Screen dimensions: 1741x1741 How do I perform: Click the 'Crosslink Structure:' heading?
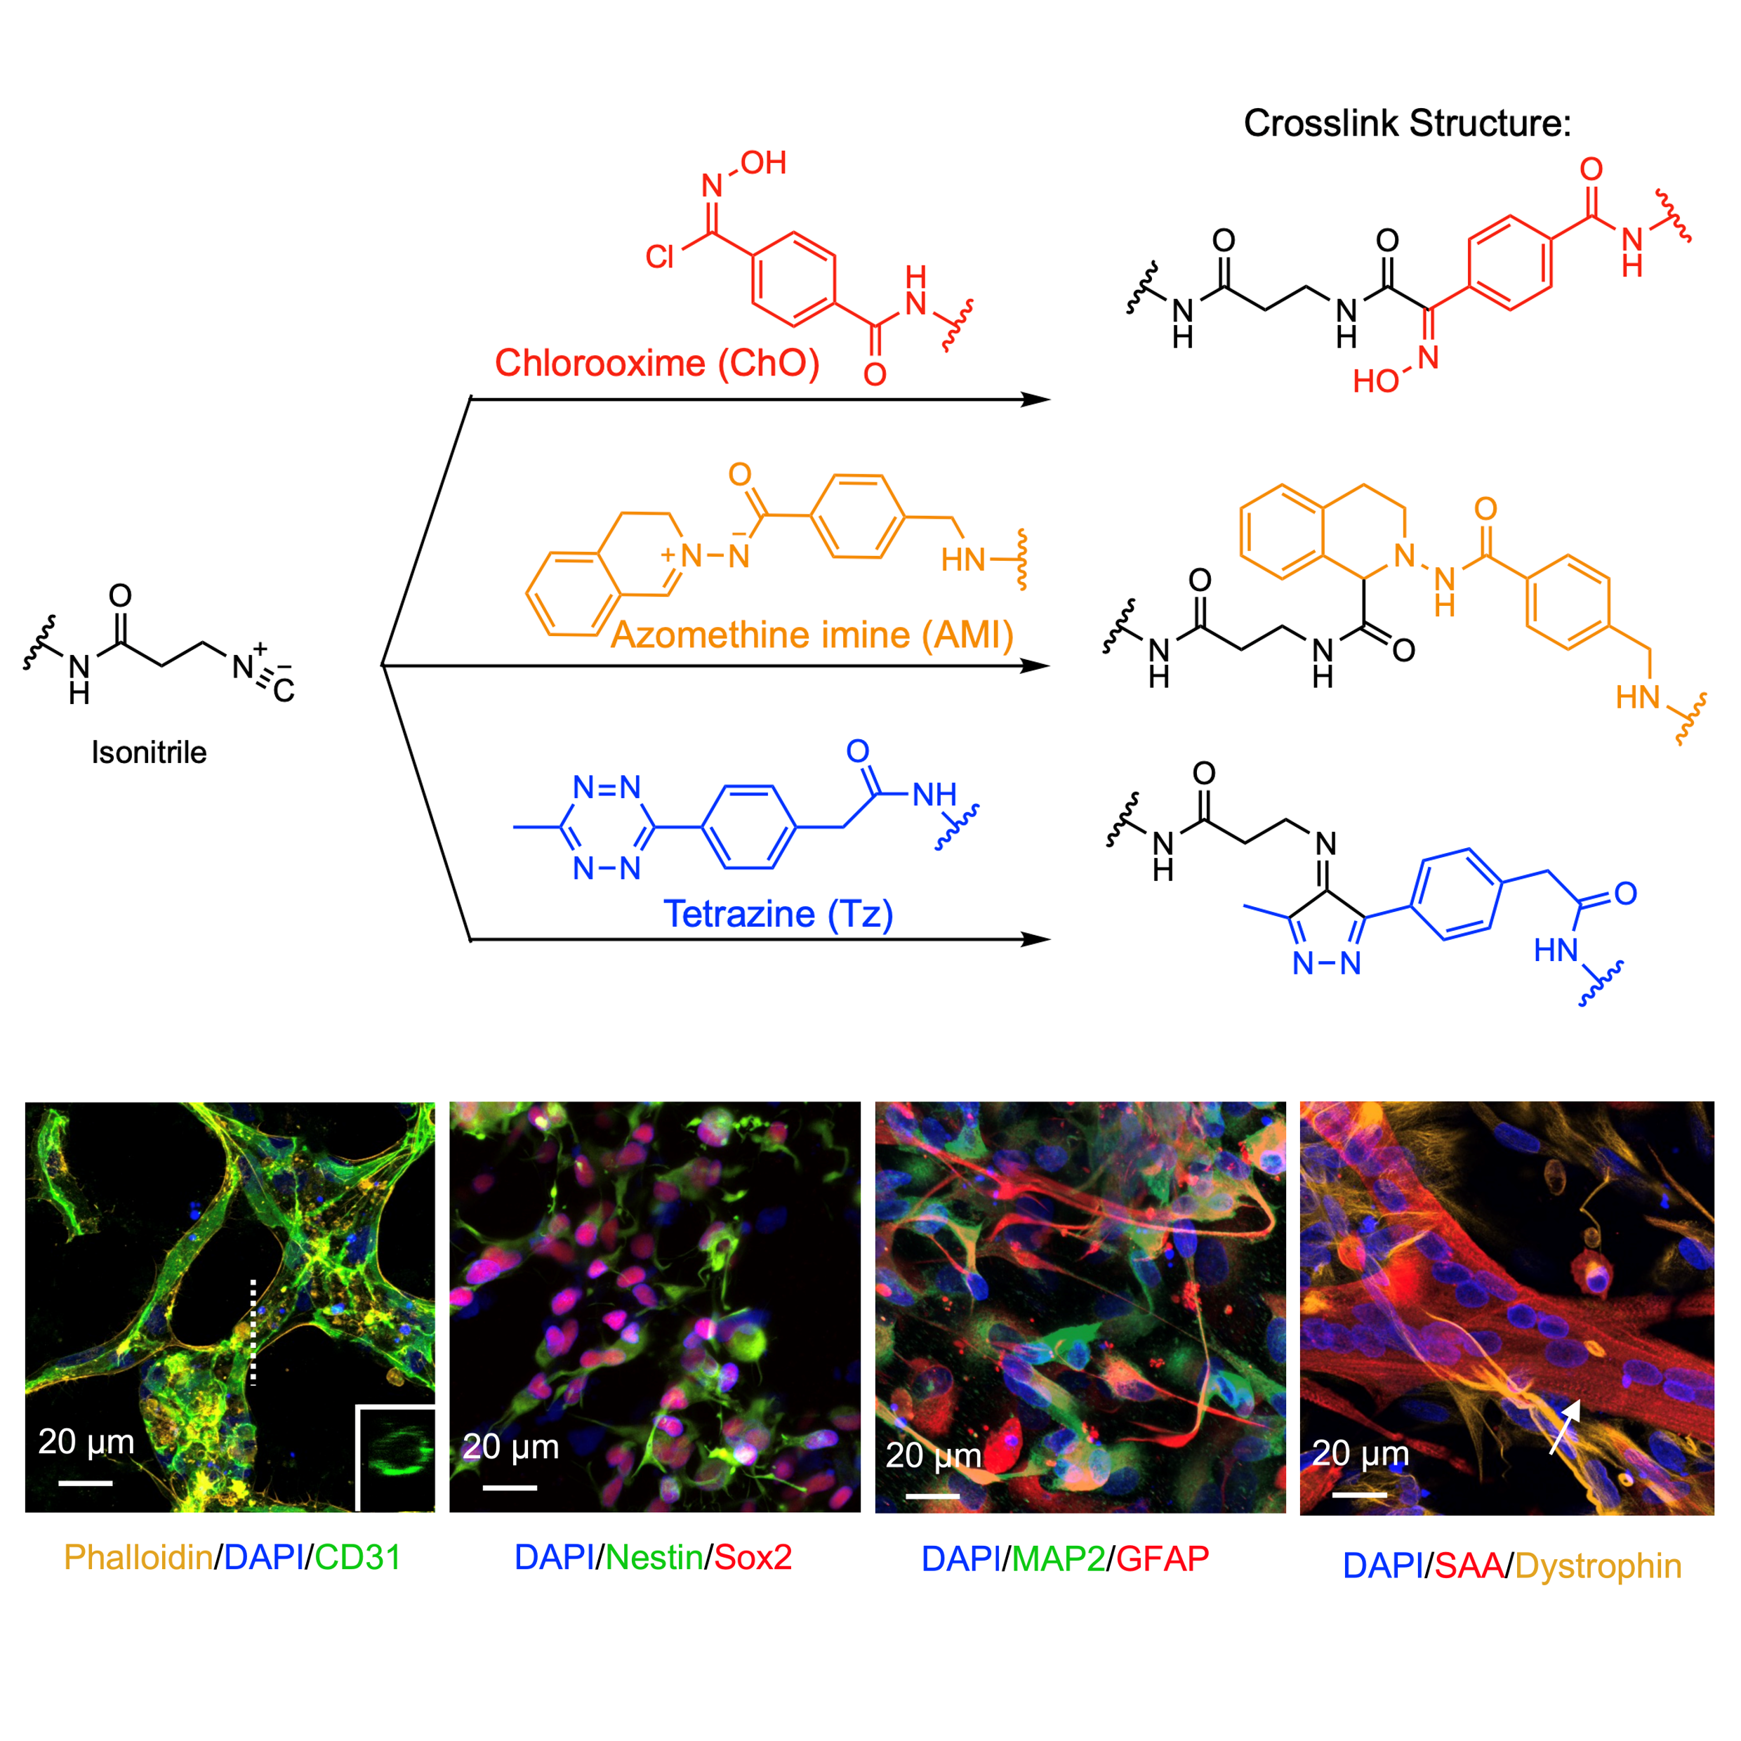pyautogui.click(x=1407, y=124)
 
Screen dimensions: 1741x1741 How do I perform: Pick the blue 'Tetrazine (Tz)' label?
pyautogui.click(x=778, y=914)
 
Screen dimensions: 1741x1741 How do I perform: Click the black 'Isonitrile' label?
pyautogui.click(x=149, y=753)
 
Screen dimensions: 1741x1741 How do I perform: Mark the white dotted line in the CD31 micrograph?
pyautogui.click(x=253, y=1331)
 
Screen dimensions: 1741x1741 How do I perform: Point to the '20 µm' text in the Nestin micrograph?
pyautogui.click(x=511, y=1446)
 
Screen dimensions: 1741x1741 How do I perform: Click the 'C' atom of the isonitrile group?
pyautogui.click(x=284, y=691)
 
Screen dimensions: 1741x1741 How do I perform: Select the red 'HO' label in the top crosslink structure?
pyautogui.click(x=1375, y=381)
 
